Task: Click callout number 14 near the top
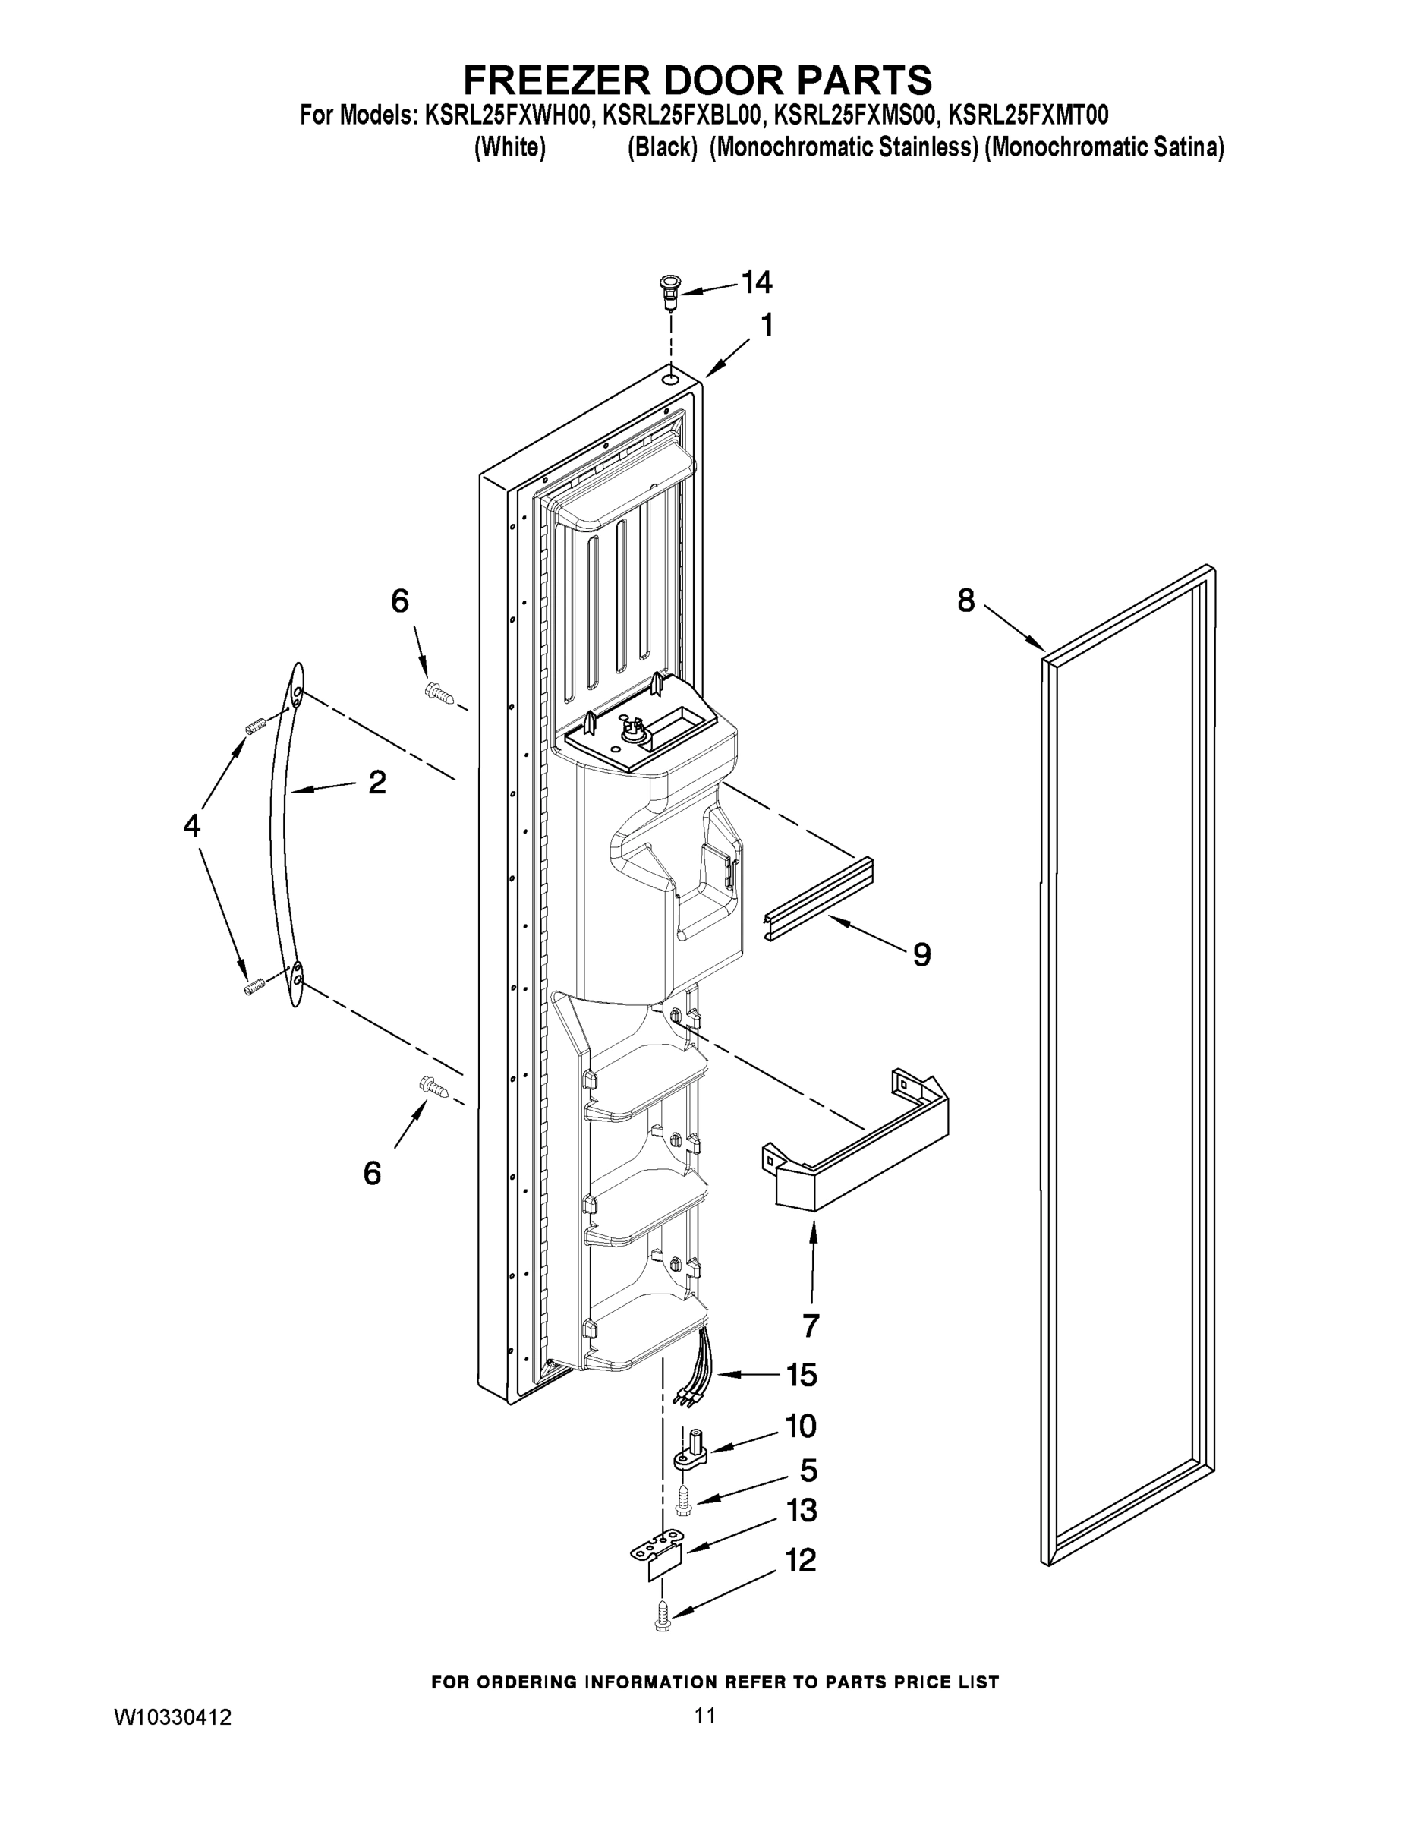757,283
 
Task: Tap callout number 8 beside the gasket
966,600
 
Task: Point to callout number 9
921,954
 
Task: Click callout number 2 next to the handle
377,782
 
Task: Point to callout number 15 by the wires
802,1375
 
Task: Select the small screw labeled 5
682,1502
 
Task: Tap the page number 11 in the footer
705,1715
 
